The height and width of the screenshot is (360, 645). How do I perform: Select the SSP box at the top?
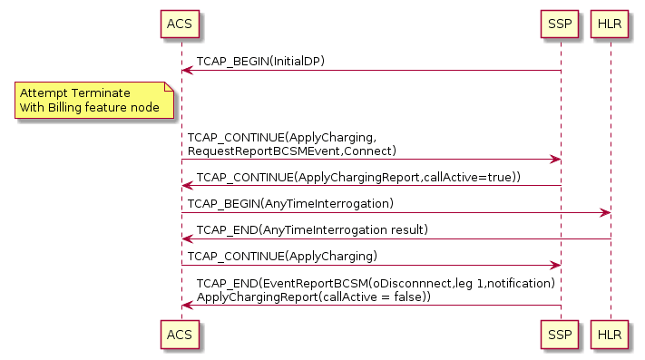(x=560, y=23)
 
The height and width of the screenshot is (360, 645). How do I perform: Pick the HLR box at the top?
(x=610, y=23)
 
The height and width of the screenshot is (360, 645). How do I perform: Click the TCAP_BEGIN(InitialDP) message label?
(x=260, y=62)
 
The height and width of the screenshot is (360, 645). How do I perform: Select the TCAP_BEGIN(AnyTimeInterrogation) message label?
(x=290, y=203)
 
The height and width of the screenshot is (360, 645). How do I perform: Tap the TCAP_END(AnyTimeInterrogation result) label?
(x=312, y=229)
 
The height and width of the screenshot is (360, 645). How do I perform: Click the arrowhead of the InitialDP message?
(x=186, y=71)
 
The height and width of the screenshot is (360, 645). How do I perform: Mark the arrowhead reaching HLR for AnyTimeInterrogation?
(x=604, y=213)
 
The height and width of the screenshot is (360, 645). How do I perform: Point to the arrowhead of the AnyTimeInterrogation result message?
(x=186, y=239)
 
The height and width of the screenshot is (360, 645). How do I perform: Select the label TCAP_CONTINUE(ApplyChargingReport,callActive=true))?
(x=358, y=177)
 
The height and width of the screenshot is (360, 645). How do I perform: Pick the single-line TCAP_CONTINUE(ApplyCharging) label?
(x=282, y=256)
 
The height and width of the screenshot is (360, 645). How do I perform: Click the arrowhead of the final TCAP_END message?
(x=186, y=306)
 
